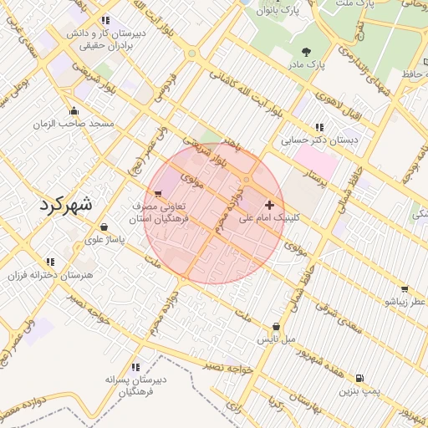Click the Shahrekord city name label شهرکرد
coord(67,206)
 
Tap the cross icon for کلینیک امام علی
coord(269,204)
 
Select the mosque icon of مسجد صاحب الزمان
coord(74,110)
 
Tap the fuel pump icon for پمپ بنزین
coord(359,378)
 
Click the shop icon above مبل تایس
coord(276,327)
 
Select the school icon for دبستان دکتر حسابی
coord(318,127)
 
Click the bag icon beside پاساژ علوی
coord(103,227)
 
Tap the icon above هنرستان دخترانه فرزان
coord(51,262)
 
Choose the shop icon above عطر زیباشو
coord(405,288)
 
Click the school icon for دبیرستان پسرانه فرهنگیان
coord(135,366)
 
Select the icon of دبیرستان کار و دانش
coord(104,20)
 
